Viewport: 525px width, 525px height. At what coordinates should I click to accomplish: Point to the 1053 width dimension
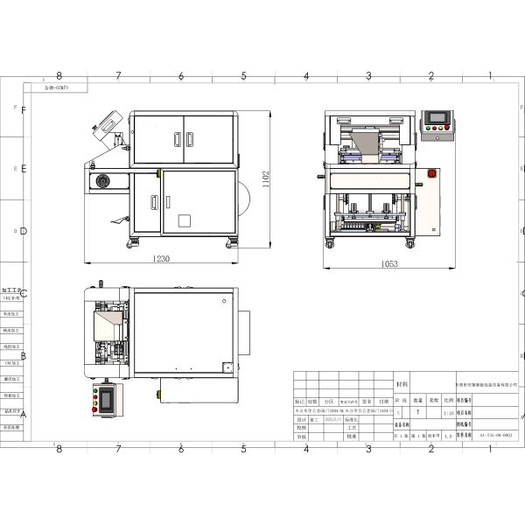tap(389, 263)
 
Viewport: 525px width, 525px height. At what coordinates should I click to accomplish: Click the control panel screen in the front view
tap(435, 120)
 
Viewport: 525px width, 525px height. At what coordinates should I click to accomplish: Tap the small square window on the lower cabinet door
tap(184, 220)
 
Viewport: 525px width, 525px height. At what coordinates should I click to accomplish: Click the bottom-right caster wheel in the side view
tap(232, 241)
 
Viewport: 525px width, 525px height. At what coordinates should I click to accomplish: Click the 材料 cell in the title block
tap(402, 383)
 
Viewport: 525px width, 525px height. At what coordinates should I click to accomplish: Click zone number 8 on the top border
tap(59, 77)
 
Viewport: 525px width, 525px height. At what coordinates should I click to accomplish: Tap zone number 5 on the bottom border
tap(242, 448)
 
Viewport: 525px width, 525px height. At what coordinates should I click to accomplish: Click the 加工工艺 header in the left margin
tap(12, 287)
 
